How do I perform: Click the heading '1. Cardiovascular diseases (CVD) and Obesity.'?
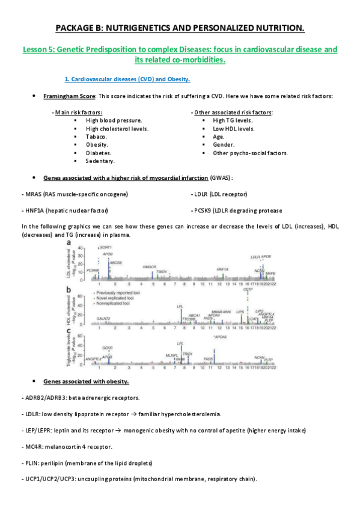coord(127,79)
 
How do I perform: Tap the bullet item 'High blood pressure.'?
coord(114,120)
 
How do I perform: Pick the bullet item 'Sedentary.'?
coord(100,161)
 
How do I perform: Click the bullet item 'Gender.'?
coord(224,144)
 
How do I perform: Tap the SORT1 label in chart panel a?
coord(106,247)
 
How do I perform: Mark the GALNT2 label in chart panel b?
coord(103,318)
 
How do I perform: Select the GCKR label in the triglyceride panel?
coord(107,348)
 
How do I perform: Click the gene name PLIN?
coord(31,462)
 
